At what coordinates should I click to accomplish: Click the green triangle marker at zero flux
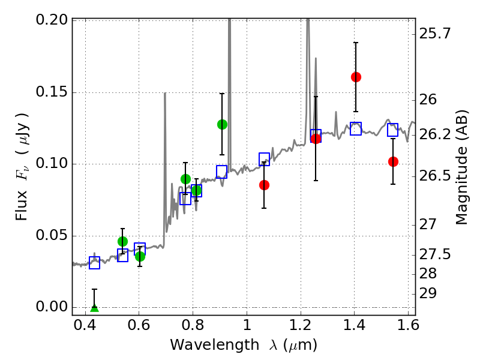pyautogui.click(x=94, y=308)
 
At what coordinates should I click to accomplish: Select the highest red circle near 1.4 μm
pyautogui.click(x=356, y=77)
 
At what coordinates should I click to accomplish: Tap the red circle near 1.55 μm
pyautogui.click(x=393, y=161)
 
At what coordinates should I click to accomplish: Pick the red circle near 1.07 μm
pyautogui.click(x=264, y=185)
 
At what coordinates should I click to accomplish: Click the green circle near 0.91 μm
pyautogui.click(x=222, y=124)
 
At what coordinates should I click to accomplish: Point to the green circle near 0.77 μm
pyautogui.click(x=185, y=179)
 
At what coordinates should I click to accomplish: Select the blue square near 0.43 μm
pyautogui.click(x=94, y=263)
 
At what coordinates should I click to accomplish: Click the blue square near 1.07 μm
pyautogui.click(x=264, y=159)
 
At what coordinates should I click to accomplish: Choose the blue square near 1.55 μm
pyautogui.click(x=393, y=130)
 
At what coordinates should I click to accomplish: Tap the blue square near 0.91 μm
pyautogui.click(x=222, y=172)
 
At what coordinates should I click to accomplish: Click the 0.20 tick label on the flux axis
pyautogui.click(x=52, y=20)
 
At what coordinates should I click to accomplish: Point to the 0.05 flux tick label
pyautogui.click(x=52, y=235)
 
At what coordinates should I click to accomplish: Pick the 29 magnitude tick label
pyautogui.click(x=430, y=293)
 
